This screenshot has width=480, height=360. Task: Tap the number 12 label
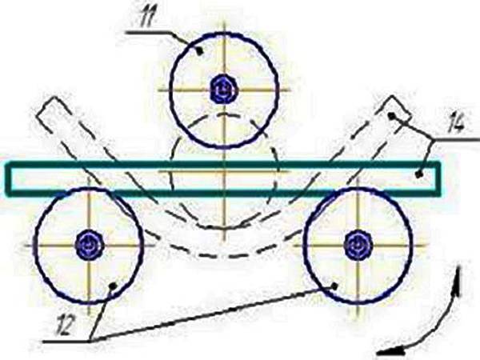point(65,325)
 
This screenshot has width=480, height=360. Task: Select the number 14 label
point(456,123)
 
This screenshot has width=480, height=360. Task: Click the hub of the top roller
point(224,90)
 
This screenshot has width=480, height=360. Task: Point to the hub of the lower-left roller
point(89,246)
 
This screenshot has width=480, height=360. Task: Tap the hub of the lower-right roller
point(358,245)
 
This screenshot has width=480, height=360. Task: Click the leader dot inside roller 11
point(200,52)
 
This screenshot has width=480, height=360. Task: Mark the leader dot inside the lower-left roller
point(114,286)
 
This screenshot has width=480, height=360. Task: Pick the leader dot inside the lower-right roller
point(335,286)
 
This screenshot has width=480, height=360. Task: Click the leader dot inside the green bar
point(419,174)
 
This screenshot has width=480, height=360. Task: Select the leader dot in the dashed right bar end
point(390,115)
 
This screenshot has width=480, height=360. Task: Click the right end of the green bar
point(439,178)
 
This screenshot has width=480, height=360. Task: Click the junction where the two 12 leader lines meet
point(90,341)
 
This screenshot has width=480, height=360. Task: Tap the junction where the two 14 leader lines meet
point(434,139)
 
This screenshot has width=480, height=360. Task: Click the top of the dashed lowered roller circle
point(225,114)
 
